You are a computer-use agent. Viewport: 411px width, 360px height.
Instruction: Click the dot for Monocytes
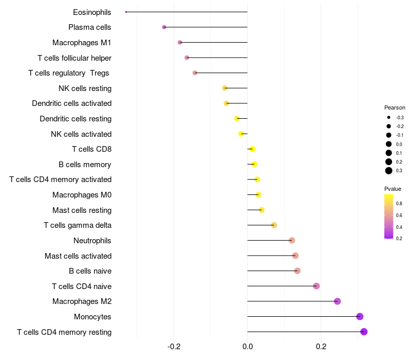[360, 316]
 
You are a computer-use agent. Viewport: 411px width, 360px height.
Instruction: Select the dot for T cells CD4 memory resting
[364, 332]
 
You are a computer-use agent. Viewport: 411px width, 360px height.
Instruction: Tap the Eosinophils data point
[126, 12]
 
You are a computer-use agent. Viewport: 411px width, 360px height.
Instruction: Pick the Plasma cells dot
[164, 27]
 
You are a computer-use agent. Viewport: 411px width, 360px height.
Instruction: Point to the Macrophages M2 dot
[337, 301]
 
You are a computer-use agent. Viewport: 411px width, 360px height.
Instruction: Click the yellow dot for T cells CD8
[252, 149]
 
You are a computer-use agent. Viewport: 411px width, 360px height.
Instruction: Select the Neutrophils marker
[292, 240]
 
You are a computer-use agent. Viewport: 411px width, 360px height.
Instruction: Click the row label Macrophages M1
[82, 43]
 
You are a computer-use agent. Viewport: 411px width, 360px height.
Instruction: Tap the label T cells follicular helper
[74, 58]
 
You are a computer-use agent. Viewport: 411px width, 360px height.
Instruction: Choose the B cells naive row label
[90, 271]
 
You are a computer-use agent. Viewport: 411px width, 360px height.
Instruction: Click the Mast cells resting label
[82, 210]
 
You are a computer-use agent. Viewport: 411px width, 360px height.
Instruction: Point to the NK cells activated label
[81, 134]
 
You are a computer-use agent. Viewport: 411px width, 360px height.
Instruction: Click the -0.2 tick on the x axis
[174, 347]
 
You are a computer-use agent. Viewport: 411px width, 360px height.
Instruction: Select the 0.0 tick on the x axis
[248, 347]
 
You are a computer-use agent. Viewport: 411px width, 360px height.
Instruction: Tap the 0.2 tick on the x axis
[321, 347]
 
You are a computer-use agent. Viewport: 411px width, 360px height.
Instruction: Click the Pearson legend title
[395, 108]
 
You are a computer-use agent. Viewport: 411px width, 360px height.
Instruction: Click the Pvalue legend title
[393, 189]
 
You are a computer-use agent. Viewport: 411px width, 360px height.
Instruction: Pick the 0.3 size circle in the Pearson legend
[389, 171]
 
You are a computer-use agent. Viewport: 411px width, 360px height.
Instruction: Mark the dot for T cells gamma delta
[274, 225]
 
